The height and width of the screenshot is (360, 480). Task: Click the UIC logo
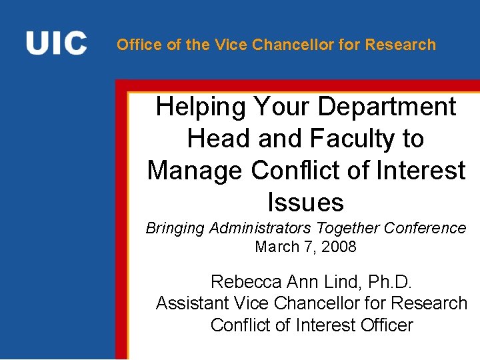[x=56, y=43]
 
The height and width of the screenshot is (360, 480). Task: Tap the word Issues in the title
[x=305, y=202]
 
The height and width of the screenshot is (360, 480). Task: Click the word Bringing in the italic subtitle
[x=175, y=229]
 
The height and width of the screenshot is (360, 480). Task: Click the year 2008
[x=339, y=247]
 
